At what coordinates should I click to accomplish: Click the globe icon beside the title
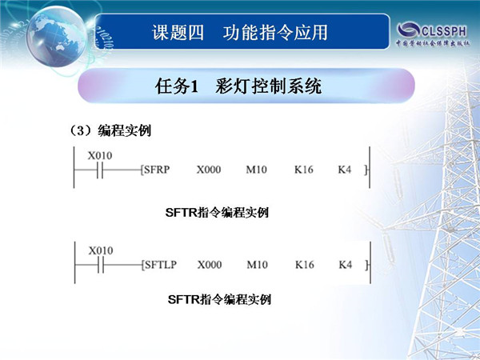[x=57, y=36]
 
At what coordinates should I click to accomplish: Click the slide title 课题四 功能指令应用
[x=240, y=33]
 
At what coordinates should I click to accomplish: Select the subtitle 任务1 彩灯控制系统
[x=238, y=86]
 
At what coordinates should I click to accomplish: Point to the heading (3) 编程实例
[x=111, y=130]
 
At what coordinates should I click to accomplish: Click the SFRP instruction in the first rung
[x=157, y=170]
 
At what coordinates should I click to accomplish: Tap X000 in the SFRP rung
[x=209, y=170]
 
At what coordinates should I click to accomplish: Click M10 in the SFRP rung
[x=257, y=170]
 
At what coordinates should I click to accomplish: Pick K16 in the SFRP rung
[x=304, y=170]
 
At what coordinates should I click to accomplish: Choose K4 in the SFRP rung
[x=344, y=170]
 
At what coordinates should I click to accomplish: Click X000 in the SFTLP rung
[x=210, y=265]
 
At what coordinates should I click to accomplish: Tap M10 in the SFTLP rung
[x=258, y=265]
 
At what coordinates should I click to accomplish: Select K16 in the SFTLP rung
[x=305, y=265]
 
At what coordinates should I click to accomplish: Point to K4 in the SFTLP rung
[x=346, y=265]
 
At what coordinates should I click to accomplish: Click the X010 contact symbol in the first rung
[x=100, y=170]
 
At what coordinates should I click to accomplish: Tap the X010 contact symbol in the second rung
[x=101, y=265]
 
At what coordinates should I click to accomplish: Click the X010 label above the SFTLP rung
[x=101, y=250]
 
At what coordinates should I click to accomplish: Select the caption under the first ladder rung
[x=217, y=212]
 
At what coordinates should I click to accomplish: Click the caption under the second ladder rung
[x=219, y=299]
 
